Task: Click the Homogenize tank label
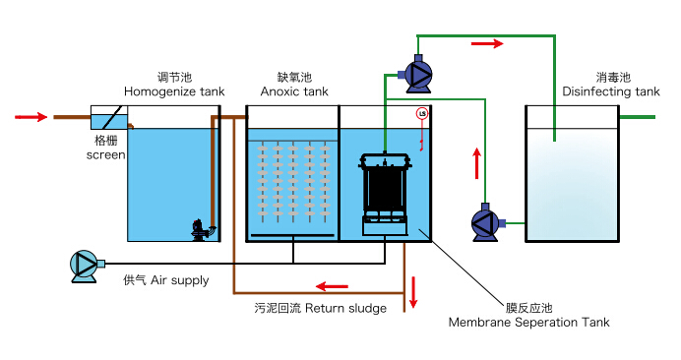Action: click(174, 91)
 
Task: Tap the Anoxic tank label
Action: click(294, 91)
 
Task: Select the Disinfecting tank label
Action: click(611, 91)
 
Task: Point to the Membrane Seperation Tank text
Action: click(529, 323)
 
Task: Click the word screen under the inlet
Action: click(106, 155)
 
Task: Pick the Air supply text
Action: click(180, 280)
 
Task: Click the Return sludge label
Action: click(345, 308)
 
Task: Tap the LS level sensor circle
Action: click(422, 114)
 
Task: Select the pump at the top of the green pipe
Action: click(417, 74)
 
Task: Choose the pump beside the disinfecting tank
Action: click(486, 222)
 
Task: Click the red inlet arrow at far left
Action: click(31, 117)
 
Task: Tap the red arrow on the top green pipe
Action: click(487, 43)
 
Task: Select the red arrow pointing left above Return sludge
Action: click(332, 286)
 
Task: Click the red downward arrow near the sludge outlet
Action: click(413, 292)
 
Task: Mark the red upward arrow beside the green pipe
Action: click(477, 163)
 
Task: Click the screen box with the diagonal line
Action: click(109, 117)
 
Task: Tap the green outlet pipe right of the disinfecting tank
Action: click(637, 117)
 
